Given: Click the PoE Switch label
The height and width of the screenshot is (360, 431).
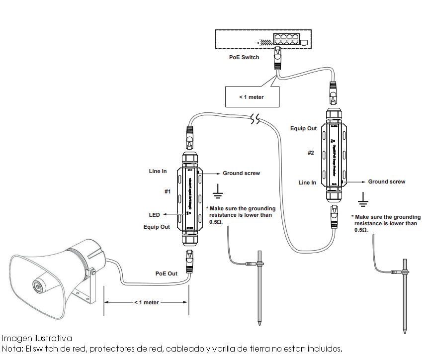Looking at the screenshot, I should pyautogui.click(x=244, y=58).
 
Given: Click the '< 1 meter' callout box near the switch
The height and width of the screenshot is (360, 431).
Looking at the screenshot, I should pyautogui.click(x=252, y=96).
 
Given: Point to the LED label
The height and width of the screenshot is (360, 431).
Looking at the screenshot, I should pyautogui.click(x=155, y=215).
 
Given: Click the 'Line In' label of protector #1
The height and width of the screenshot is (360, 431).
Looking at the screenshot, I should pyautogui.click(x=158, y=171).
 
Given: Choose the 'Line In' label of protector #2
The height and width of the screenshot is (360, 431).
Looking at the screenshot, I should pyautogui.click(x=307, y=182).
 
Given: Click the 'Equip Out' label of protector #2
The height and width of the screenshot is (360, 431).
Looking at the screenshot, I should pyautogui.click(x=303, y=128).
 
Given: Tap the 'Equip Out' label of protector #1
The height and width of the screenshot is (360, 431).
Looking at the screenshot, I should pyautogui.click(x=157, y=227).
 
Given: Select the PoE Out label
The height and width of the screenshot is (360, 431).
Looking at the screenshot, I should pyautogui.click(x=166, y=273).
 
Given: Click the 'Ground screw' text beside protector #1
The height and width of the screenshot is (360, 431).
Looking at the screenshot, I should pyautogui.click(x=241, y=173).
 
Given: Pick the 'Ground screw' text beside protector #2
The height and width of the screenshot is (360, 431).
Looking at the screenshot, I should pyautogui.click(x=386, y=181).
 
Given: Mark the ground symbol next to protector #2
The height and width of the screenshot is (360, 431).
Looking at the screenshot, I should pyautogui.click(x=364, y=199).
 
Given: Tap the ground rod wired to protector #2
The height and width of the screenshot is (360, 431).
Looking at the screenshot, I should pyautogui.click(x=405, y=296).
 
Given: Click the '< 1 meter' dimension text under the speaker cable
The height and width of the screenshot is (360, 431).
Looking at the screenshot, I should pyautogui.click(x=146, y=302).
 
